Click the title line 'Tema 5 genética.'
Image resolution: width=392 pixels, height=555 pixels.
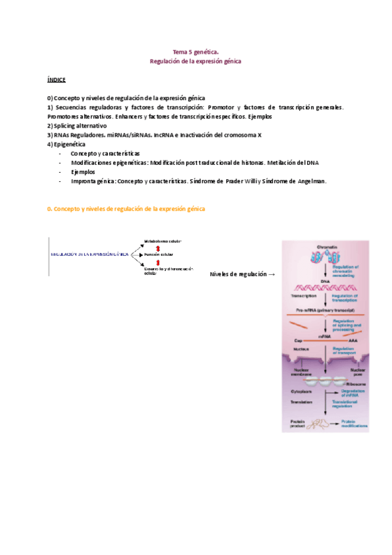pos(195,50)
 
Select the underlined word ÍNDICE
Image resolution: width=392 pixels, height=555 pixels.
pos(56,79)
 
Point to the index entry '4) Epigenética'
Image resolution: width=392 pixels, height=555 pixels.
pos(66,144)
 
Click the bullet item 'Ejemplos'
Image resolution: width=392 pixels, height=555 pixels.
pos(83,171)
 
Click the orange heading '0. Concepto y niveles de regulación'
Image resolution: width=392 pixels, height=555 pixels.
pos(126,208)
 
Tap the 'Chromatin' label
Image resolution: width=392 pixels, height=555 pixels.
pos(327,247)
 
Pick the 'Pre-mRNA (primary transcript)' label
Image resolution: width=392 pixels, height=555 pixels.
pos(325,310)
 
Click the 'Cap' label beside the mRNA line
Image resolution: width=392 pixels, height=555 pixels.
pos(297,341)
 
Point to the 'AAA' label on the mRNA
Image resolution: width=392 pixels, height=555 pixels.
pos(353,341)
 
